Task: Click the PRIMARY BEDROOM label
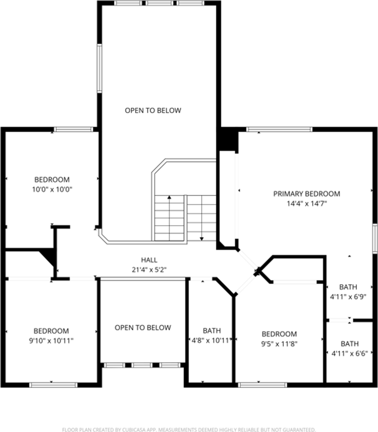click(306, 194)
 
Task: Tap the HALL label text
click(149, 260)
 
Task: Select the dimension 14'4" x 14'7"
click(306, 203)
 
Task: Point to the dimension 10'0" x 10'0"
click(52, 189)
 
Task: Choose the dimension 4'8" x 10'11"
click(211, 341)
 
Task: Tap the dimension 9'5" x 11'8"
click(279, 343)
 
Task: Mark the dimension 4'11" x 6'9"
click(348, 297)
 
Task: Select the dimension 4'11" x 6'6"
click(350, 353)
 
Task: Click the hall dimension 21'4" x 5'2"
click(149, 270)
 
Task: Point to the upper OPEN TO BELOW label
click(153, 110)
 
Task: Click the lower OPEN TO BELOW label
click(143, 328)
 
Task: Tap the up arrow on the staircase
click(169, 198)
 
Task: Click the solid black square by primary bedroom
click(228, 140)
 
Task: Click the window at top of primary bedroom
click(279, 130)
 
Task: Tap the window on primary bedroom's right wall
click(374, 238)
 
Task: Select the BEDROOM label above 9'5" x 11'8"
click(279, 334)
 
